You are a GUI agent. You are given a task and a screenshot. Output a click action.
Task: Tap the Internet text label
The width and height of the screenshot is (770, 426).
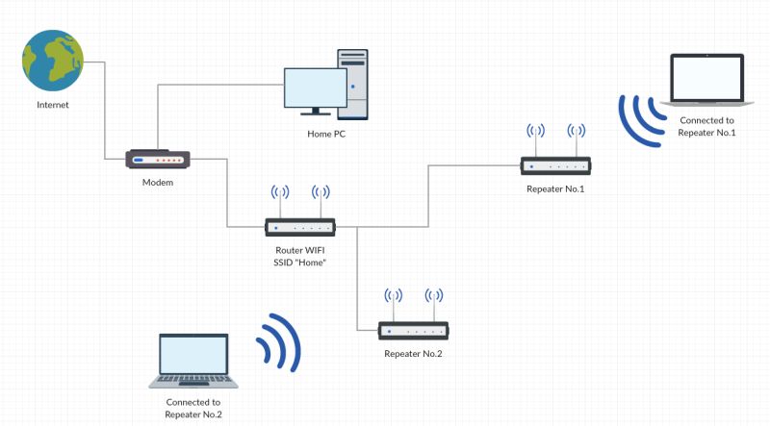pyautogui.click(x=53, y=104)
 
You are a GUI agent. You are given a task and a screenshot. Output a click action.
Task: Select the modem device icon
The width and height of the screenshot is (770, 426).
pyautogui.click(x=158, y=161)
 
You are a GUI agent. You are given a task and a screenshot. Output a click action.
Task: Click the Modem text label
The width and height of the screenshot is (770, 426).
pyautogui.click(x=158, y=183)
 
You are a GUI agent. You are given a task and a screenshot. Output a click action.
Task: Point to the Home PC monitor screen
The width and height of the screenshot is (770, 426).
pyautogui.click(x=315, y=88)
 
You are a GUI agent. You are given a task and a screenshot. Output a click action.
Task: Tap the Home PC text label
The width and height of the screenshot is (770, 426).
pyautogui.click(x=326, y=134)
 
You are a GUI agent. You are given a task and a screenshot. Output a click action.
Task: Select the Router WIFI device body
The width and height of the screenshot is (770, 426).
pyautogui.click(x=300, y=228)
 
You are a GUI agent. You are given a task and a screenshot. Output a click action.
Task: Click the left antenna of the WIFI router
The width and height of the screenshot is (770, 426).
pyautogui.click(x=280, y=201)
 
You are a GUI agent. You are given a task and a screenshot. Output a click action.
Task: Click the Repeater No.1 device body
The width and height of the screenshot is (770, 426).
pyautogui.click(x=555, y=165)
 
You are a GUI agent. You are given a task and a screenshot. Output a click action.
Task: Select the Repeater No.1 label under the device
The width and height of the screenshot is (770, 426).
pyautogui.click(x=555, y=189)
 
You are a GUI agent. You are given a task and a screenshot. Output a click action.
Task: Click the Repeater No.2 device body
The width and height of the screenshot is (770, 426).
pyautogui.click(x=413, y=331)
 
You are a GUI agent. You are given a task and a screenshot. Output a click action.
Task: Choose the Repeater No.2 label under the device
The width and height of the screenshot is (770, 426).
pyautogui.click(x=413, y=355)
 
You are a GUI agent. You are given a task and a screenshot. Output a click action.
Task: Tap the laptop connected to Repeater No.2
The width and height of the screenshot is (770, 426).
pyautogui.click(x=193, y=361)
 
